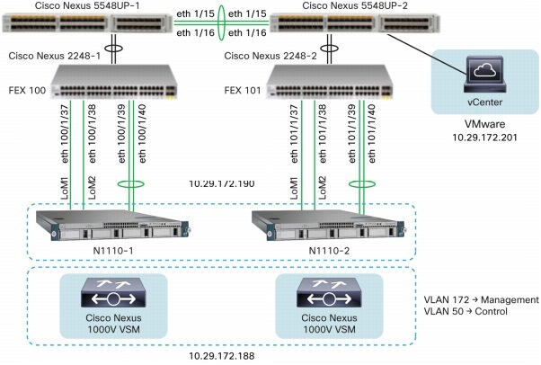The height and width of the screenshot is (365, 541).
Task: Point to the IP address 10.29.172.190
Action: [x=221, y=183]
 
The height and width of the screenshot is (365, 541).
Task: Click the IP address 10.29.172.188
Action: [x=221, y=355]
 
